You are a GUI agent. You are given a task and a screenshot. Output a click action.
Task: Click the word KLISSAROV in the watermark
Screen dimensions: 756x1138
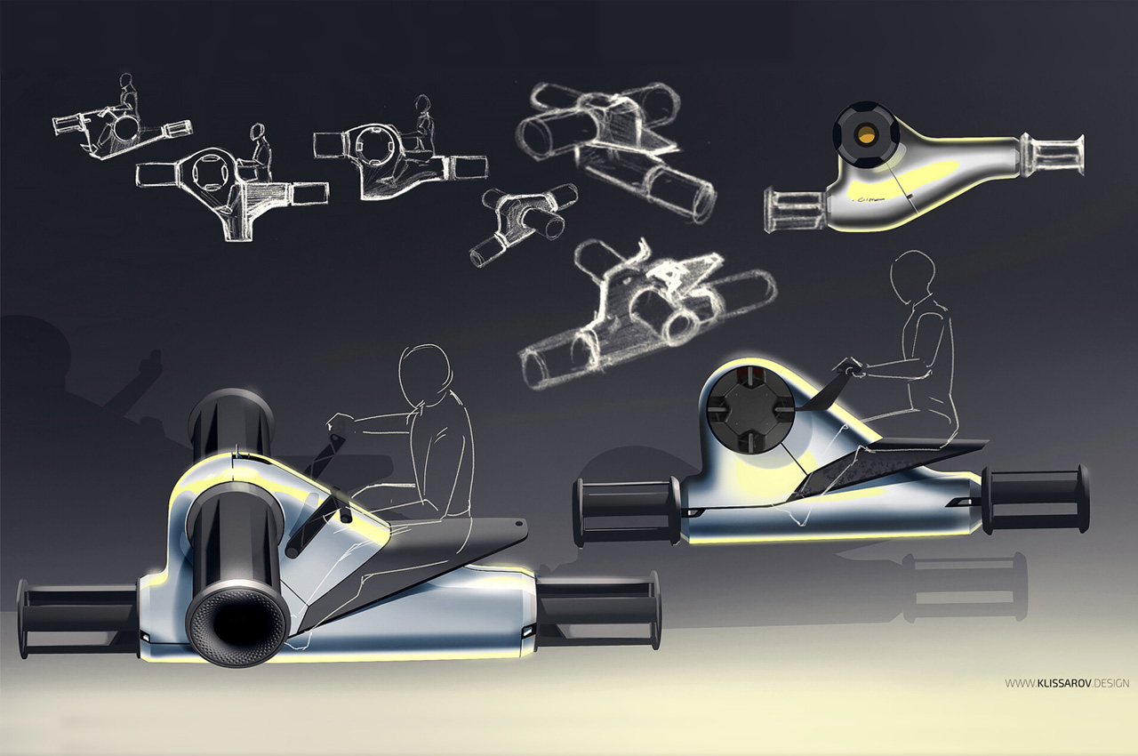(x=1063, y=683)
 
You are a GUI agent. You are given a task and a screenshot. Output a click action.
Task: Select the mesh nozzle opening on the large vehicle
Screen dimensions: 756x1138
(x=236, y=626)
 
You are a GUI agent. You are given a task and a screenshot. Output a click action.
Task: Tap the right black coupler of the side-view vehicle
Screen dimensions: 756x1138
(x=1037, y=498)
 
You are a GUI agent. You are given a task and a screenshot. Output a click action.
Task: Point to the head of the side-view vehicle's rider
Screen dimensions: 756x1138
(x=913, y=277)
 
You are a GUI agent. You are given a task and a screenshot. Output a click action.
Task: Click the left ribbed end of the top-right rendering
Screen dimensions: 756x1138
(x=795, y=210)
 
